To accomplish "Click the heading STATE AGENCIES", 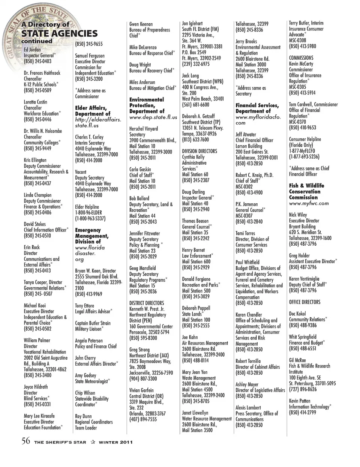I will (59, 33).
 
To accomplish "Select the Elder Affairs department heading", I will (93, 111).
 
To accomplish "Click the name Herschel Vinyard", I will (144, 129).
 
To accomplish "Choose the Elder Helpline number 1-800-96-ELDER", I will (89, 213).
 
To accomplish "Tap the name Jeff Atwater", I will (246, 134).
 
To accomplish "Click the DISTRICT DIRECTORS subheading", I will (147, 303).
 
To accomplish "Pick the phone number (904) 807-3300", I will (143, 379).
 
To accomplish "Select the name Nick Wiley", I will (298, 215).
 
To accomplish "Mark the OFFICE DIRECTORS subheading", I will (304, 302).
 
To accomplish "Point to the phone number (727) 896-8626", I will (303, 389).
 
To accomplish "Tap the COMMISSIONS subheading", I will (301, 58).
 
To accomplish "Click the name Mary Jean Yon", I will (194, 372).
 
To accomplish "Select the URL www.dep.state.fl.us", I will (153, 117).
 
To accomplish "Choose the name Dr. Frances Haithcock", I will (42, 73).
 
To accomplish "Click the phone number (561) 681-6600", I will (195, 105).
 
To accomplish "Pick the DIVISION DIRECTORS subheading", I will (199, 151).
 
